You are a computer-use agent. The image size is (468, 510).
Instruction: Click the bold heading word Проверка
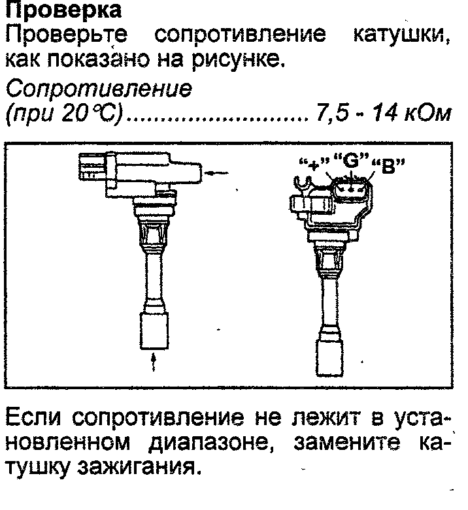point(63,10)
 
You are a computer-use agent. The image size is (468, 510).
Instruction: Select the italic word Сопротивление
point(99,88)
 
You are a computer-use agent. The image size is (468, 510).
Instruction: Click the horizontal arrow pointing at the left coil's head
point(218,173)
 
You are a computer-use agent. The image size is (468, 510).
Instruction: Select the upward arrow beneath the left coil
point(154,362)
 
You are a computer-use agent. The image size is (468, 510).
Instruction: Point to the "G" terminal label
point(352,160)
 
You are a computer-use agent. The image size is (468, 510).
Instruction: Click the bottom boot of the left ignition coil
point(154,331)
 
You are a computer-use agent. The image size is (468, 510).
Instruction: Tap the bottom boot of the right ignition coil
point(329,357)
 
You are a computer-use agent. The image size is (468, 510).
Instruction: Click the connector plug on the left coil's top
point(93,168)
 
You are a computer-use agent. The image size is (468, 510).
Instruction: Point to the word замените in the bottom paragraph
point(346,442)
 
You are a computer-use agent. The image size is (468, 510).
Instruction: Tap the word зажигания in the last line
point(139,468)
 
